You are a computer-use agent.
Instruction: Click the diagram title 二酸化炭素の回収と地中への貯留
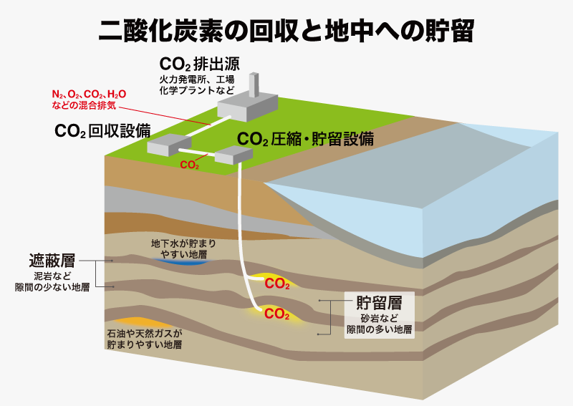pyautogui.click(x=286, y=30)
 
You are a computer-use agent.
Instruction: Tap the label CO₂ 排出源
pyautogui.click(x=200, y=64)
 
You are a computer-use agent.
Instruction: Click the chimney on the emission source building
pyautogui.click(x=254, y=84)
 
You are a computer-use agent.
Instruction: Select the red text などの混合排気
pyautogui.click(x=84, y=105)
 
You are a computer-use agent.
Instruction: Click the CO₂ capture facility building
pyautogui.click(x=169, y=145)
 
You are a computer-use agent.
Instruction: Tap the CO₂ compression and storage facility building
pyautogui.click(x=233, y=155)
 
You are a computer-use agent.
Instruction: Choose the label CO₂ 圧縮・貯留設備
pyautogui.click(x=305, y=139)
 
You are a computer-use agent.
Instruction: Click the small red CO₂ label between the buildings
pyautogui.click(x=189, y=165)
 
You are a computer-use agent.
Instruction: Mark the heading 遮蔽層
pyautogui.click(x=52, y=261)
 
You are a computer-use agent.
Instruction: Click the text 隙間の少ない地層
pyautogui.click(x=52, y=287)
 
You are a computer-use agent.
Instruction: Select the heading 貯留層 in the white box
pyautogui.click(x=380, y=303)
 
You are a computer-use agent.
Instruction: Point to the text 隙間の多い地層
pyautogui.click(x=380, y=329)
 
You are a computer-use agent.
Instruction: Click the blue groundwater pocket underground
pyautogui.click(x=182, y=261)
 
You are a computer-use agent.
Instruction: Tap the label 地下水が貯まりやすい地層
pyautogui.click(x=183, y=248)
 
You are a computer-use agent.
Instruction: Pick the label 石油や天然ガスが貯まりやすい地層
pyautogui.click(x=145, y=339)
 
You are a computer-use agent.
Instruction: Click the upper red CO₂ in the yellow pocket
pyautogui.click(x=277, y=284)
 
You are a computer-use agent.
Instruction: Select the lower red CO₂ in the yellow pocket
pyautogui.click(x=276, y=314)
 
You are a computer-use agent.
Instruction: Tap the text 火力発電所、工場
pyautogui.click(x=196, y=79)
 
